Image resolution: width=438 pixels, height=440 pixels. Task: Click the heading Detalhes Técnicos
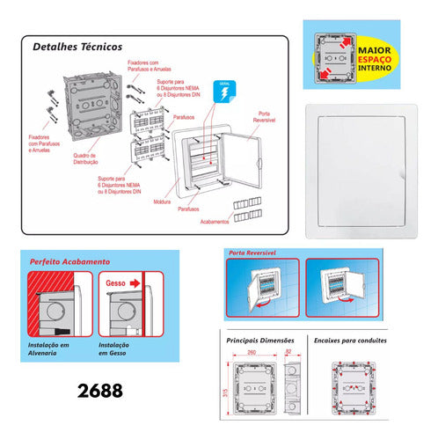(x=77, y=47)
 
